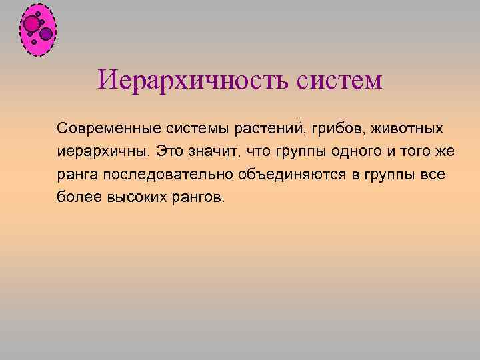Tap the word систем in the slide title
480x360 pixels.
pyautogui.click(x=335, y=82)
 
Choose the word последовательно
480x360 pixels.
pyautogui.click(x=162, y=175)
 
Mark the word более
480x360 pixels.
pyautogui.click(x=77, y=199)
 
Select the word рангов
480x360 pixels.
pyautogui.click(x=195, y=199)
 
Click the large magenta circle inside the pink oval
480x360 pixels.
pyautogui.click(x=31, y=24)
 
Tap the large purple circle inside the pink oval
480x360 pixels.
pyautogui.click(x=46, y=33)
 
